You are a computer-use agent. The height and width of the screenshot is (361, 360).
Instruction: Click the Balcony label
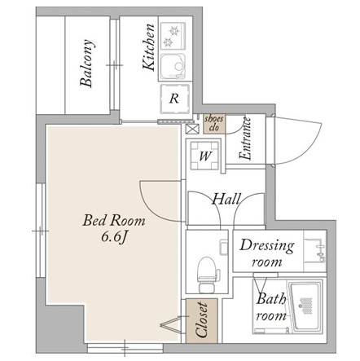[x=87, y=64]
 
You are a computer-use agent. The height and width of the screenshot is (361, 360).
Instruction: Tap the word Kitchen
[x=149, y=47]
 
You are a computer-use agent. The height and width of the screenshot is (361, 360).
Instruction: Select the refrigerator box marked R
[x=174, y=99]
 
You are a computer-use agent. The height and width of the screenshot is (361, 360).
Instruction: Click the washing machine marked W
[x=204, y=156]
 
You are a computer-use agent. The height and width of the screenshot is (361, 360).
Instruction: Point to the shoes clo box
[x=214, y=124]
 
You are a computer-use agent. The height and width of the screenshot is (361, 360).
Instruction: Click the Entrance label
[x=245, y=139]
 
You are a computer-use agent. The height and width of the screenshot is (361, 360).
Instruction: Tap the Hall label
[x=226, y=199]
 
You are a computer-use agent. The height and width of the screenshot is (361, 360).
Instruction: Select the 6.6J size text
[x=114, y=238]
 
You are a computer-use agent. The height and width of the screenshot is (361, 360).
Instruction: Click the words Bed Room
[x=114, y=221]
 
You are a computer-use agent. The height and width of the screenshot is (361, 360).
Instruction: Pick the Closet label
[x=202, y=320]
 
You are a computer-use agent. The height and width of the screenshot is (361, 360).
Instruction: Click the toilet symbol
[x=207, y=275]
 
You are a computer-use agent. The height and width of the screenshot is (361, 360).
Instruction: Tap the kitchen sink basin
[x=173, y=67]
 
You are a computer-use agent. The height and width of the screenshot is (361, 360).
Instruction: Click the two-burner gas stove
[x=173, y=36]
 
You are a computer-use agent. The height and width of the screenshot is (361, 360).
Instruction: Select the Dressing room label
[x=266, y=253]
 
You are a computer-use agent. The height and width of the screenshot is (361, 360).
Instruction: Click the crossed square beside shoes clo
[x=192, y=129]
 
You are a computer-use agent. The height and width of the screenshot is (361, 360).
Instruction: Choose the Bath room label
[x=271, y=307]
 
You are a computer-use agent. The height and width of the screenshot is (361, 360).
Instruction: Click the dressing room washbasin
[x=315, y=250]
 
